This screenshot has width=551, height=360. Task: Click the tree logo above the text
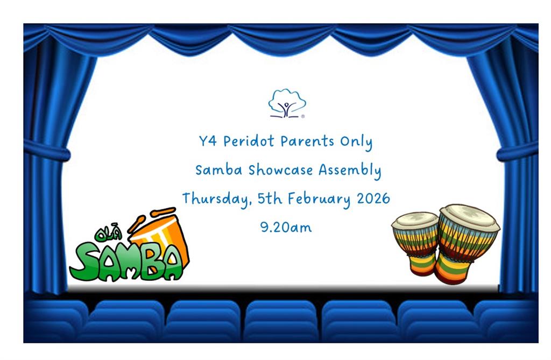287,103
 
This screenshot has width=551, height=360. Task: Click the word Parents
307,142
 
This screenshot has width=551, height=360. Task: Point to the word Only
356,143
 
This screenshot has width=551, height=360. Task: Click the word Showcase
281,170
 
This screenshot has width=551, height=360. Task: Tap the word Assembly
350,171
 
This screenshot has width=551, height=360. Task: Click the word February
319,199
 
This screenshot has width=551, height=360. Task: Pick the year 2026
373,198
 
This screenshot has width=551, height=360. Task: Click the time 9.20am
286,227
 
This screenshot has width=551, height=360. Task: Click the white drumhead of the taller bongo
469,216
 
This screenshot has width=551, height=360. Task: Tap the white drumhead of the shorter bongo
415,220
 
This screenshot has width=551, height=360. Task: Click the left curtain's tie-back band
47,151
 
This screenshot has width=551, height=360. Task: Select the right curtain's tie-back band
517,152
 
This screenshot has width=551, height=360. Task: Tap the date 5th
270,199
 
